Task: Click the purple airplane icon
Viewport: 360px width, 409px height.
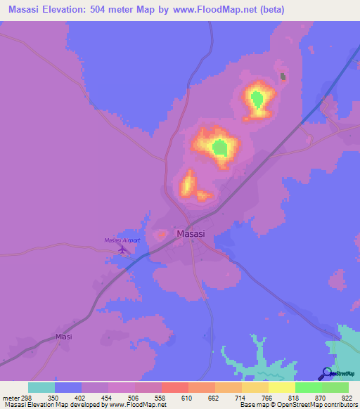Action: (x=124, y=249)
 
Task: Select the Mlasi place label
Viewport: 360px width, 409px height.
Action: (x=64, y=337)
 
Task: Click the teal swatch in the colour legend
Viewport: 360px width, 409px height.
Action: (x=41, y=387)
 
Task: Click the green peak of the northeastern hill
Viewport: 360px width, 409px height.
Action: (x=257, y=98)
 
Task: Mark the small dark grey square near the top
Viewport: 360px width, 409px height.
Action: (x=283, y=77)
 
